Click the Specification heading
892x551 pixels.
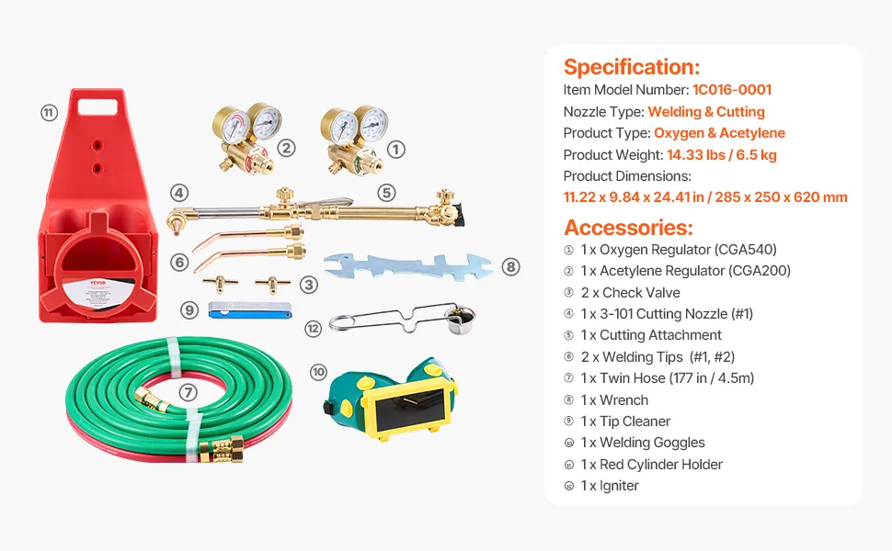click(x=631, y=67)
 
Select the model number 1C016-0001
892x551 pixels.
click(x=731, y=90)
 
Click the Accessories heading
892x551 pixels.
click(x=628, y=228)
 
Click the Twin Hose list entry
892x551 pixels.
click(x=667, y=378)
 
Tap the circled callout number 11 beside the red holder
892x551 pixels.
click(x=49, y=113)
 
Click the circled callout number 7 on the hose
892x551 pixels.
click(x=188, y=392)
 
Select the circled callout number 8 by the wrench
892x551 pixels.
click(x=511, y=267)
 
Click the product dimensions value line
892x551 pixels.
click(x=705, y=197)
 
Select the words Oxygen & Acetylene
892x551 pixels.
click(x=719, y=133)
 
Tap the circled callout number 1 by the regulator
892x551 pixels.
click(x=396, y=148)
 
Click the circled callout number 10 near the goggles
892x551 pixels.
click(x=318, y=372)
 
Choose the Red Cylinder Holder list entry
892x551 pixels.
click(x=651, y=465)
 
